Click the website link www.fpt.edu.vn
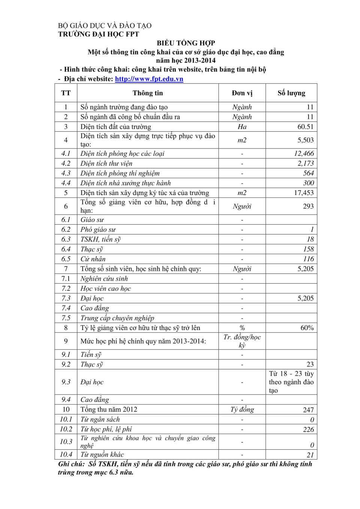pos(149,79)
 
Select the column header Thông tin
pos(148,93)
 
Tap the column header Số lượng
pos(291,93)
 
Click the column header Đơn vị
pos(242,93)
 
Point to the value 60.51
pos(305,127)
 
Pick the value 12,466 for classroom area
pos(304,153)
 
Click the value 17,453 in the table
pos(303,193)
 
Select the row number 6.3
pos(66,239)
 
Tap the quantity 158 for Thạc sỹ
pos(308,249)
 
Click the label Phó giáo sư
pos(98,230)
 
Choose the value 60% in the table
pos(307,328)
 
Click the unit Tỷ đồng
pos(242,410)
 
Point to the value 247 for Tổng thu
pos(308,410)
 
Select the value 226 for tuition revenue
pos(308,429)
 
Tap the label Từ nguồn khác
pos(102,455)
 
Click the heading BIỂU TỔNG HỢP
pos(186,43)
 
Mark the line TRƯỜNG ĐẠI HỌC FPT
pos(99,34)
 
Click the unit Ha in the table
pos(242,127)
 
